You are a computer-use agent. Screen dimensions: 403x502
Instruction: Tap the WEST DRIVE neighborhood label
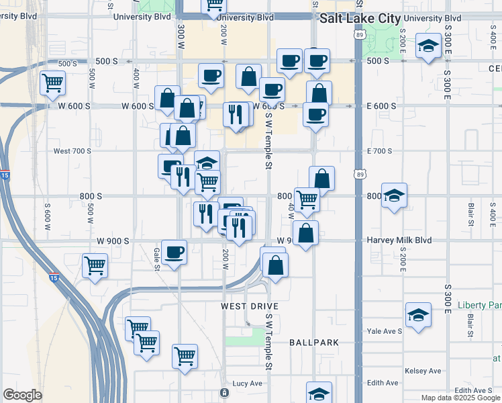(250, 306)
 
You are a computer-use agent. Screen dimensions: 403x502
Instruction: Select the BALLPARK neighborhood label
(314, 343)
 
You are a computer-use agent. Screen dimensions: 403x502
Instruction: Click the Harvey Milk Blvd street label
(398, 240)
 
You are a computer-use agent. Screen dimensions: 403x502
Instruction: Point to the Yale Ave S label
(385, 331)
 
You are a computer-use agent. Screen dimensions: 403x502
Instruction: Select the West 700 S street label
(72, 151)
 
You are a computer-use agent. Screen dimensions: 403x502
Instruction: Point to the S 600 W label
(48, 213)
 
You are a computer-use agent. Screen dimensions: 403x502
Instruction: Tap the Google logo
(22, 395)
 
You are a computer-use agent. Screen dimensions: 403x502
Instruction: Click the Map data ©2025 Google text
(460, 398)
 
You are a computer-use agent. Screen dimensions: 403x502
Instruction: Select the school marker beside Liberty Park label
(418, 315)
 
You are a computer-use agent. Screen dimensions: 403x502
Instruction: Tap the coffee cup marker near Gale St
(174, 253)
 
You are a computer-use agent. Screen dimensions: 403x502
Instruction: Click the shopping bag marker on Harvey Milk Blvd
(305, 234)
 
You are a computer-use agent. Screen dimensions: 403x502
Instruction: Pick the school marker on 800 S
(394, 195)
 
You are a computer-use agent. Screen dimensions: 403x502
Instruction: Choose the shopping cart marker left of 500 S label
(52, 84)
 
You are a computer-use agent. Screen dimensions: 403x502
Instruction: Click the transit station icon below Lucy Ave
(224, 392)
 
